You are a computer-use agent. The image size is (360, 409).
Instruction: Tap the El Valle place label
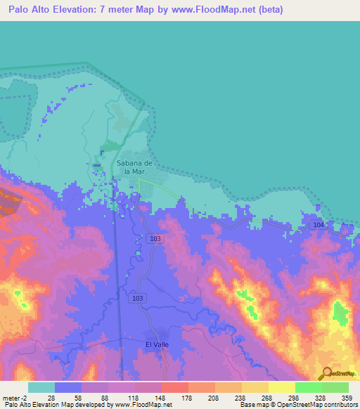157,344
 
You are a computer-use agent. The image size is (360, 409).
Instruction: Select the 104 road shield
319,223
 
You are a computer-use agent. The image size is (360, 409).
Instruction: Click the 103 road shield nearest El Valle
136,299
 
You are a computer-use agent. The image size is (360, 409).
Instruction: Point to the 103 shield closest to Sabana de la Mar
155,239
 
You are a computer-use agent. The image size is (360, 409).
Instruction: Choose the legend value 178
188,397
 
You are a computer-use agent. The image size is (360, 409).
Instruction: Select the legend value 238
241,397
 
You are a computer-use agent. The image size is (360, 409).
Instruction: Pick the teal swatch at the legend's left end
41,387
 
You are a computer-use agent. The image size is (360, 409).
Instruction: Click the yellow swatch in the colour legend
281,387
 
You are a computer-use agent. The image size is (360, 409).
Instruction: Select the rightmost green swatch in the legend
335,387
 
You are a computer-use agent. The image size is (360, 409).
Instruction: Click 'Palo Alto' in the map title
31,9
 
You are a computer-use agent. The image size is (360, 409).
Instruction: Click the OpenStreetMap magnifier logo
326,373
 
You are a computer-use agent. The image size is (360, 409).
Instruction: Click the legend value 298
295,397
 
